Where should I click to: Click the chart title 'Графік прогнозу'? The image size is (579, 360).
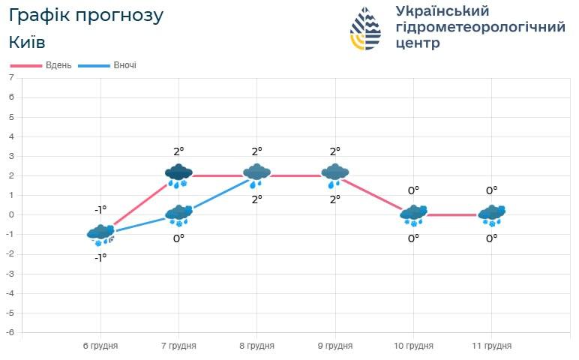coord(85,16)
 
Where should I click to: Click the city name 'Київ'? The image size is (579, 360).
coord(27,42)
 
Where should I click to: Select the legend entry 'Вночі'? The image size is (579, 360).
coord(124,65)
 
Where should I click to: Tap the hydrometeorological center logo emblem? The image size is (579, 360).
coord(365,28)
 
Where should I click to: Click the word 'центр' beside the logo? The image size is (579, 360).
coord(418,43)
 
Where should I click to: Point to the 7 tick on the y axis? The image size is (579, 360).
coord(11,78)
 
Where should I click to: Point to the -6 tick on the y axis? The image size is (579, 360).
coord(10,332)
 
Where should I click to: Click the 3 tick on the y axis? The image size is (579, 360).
coord(11,156)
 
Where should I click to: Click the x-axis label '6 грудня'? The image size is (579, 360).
coord(100,346)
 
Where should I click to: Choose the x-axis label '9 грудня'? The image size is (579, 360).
coord(334,346)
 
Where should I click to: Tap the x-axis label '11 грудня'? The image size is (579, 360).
coord(491,346)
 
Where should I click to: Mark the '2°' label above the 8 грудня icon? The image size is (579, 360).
coord(256,151)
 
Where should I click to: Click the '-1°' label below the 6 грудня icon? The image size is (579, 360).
coord(100,257)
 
